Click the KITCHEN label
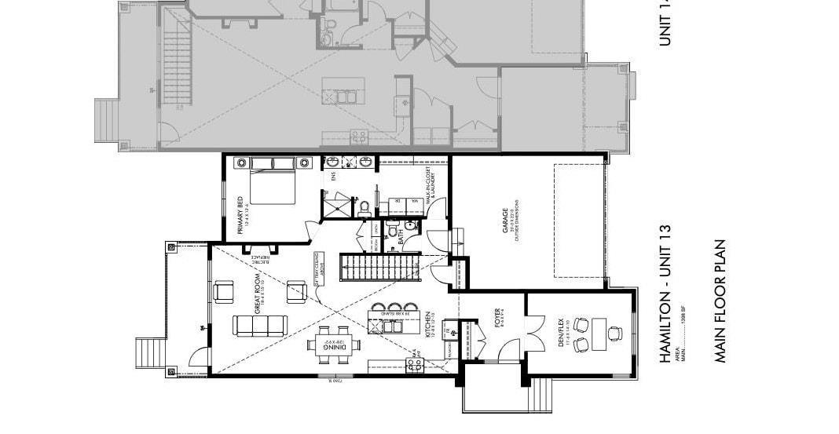pyautogui.click(x=428, y=326)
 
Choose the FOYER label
pyautogui.click(x=497, y=318)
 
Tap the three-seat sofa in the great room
pyautogui.click(x=260, y=325)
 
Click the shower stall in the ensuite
pyautogui.click(x=339, y=206)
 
